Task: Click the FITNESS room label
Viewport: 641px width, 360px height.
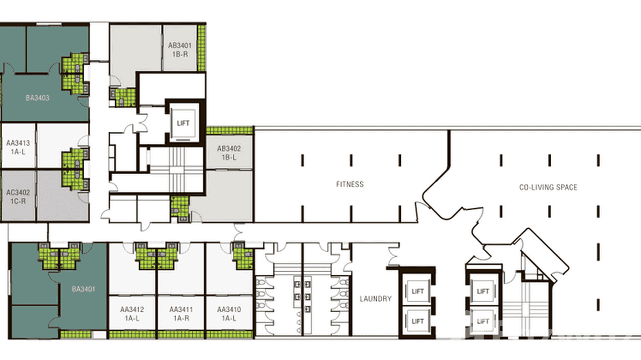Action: [x=350, y=184]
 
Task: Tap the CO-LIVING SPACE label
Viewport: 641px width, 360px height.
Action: [x=548, y=187]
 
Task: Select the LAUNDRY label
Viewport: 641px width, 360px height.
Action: [x=375, y=298]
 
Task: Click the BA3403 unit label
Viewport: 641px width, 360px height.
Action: [x=38, y=98]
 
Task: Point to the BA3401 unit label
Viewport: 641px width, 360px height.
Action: [x=84, y=289]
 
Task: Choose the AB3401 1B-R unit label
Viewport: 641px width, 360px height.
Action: [x=180, y=50]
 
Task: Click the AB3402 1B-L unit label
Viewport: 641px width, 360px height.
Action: [x=229, y=153]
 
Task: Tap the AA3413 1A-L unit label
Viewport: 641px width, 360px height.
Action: [x=18, y=147]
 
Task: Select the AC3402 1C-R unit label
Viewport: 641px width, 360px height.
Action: [x=18, y=197]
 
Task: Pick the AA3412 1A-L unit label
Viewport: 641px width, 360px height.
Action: [x=132, y=314]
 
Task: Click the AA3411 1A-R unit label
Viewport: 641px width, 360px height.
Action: [x=181, y=314]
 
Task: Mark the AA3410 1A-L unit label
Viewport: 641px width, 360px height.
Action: [x=229, y=314]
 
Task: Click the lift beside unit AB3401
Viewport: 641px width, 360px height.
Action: [x=183, y=123]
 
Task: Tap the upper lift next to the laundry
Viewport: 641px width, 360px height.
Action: [x=417, y=291]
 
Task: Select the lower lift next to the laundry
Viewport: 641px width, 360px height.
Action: [x=417, y=321]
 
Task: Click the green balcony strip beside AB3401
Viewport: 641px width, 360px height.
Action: [x=202, y=48]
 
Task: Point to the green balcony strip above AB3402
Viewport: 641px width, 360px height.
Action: [x=229, y=130]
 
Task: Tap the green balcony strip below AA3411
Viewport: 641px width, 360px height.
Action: [x=181, y=334]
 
